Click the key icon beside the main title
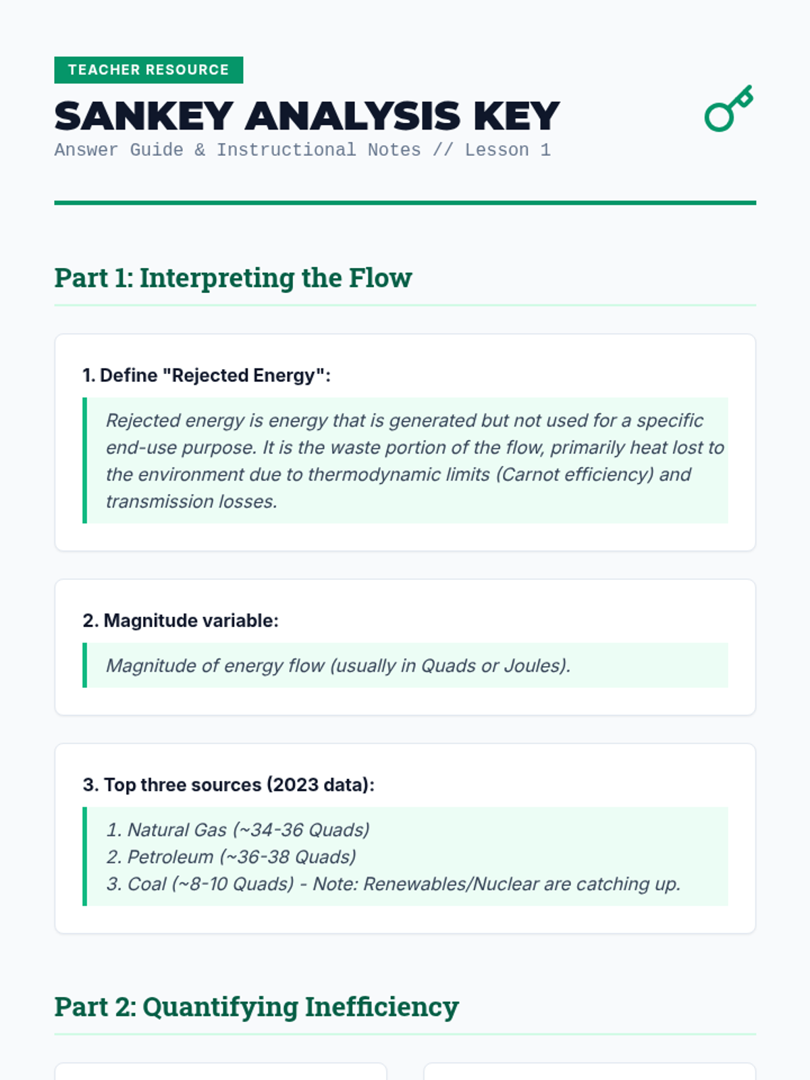[728, 109]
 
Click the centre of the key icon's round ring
[718, 117]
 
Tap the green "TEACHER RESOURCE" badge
[148, 70]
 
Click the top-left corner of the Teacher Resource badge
[54, 57]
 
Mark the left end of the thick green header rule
[55, 202]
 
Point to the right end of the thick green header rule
[756, 202]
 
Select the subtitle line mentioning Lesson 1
[302, 150]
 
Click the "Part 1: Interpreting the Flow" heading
[233, 277]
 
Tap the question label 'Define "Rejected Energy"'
[207, 375]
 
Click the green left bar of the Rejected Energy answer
[84, 460]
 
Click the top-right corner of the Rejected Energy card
[755, 335]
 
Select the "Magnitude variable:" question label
[180, 621]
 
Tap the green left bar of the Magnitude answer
[84, 666]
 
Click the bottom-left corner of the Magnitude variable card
[55, 715]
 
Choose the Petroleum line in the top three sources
[231, 857]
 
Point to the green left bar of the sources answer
[84, 857]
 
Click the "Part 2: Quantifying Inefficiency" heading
[256, 1006]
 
